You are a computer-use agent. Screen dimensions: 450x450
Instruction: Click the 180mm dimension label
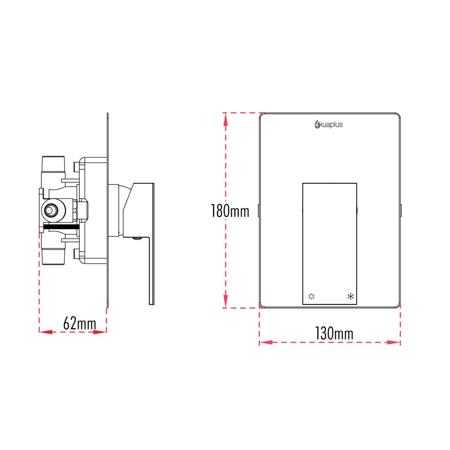click(x=230, y=211)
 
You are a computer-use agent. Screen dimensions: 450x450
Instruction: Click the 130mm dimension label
click(x=334, y=333)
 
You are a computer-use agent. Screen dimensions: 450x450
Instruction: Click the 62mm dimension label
click(x=79, y=323)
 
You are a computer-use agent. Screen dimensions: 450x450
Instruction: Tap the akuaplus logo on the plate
click(x=328, y=124)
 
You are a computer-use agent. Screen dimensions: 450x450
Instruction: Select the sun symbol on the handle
click(x=311, y=297)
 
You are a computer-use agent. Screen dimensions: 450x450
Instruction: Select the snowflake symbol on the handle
click(x=351, y=297)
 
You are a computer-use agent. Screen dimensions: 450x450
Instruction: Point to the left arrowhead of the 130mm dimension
click(x=266, y=342)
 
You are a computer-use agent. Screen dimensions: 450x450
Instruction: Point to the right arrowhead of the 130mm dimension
click(x=394, y=342)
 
